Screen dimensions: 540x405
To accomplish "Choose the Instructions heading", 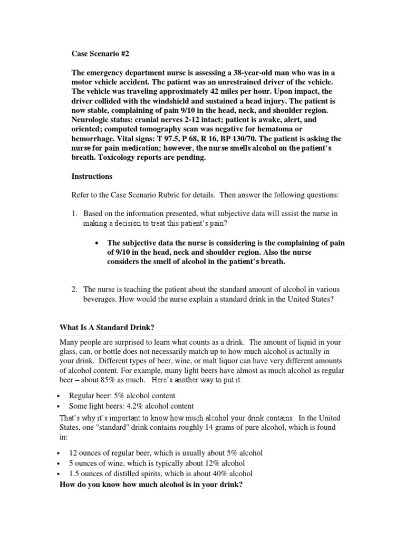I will tap(92, 176).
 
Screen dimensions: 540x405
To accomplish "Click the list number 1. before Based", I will tap(75, 214).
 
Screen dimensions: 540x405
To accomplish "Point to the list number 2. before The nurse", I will tap(75, 289).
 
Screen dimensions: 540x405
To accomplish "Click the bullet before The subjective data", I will tap(97, 243).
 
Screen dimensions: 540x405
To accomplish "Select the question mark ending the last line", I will tap(240, 484).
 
